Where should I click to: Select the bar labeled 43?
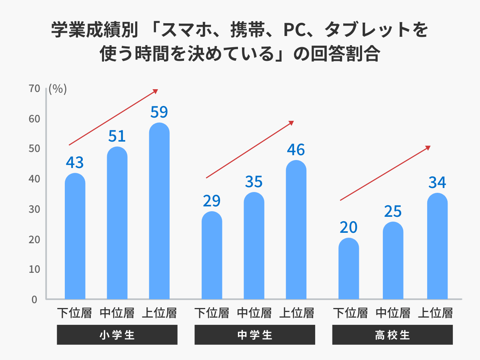(x=75, y=237)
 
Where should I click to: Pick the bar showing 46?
(x=296, y=230)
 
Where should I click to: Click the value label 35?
(x=254, y=182)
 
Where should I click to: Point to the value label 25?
(x=392, y=211)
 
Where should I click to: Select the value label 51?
(x=117, y=136)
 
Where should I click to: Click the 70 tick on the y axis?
(x=34, y=89)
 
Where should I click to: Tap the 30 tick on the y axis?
(x=34, y=209)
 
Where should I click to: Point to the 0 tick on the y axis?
(x=34, y=299)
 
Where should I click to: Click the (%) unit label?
(x=58, y=89)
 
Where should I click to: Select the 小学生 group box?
(x=117, y=335)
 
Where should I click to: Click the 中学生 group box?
(x=254, y=335)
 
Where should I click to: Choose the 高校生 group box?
(x=392, y=335)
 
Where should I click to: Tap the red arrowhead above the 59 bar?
(x=156, y=91)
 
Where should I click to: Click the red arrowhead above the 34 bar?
(x=428, y=148)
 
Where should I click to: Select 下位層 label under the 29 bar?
(x=212, y=312)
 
